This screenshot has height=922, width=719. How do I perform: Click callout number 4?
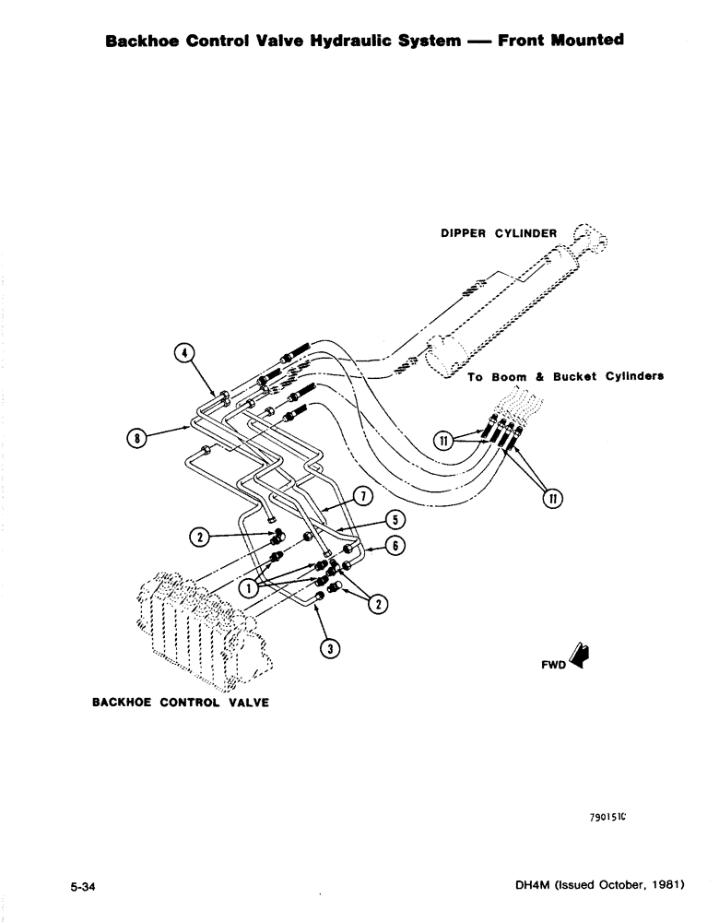click(183, 353)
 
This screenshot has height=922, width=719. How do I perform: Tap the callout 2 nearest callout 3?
click(378, 605)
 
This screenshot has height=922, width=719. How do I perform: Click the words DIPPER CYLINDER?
click(498, 234)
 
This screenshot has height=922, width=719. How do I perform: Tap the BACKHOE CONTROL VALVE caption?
click(181, 702)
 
